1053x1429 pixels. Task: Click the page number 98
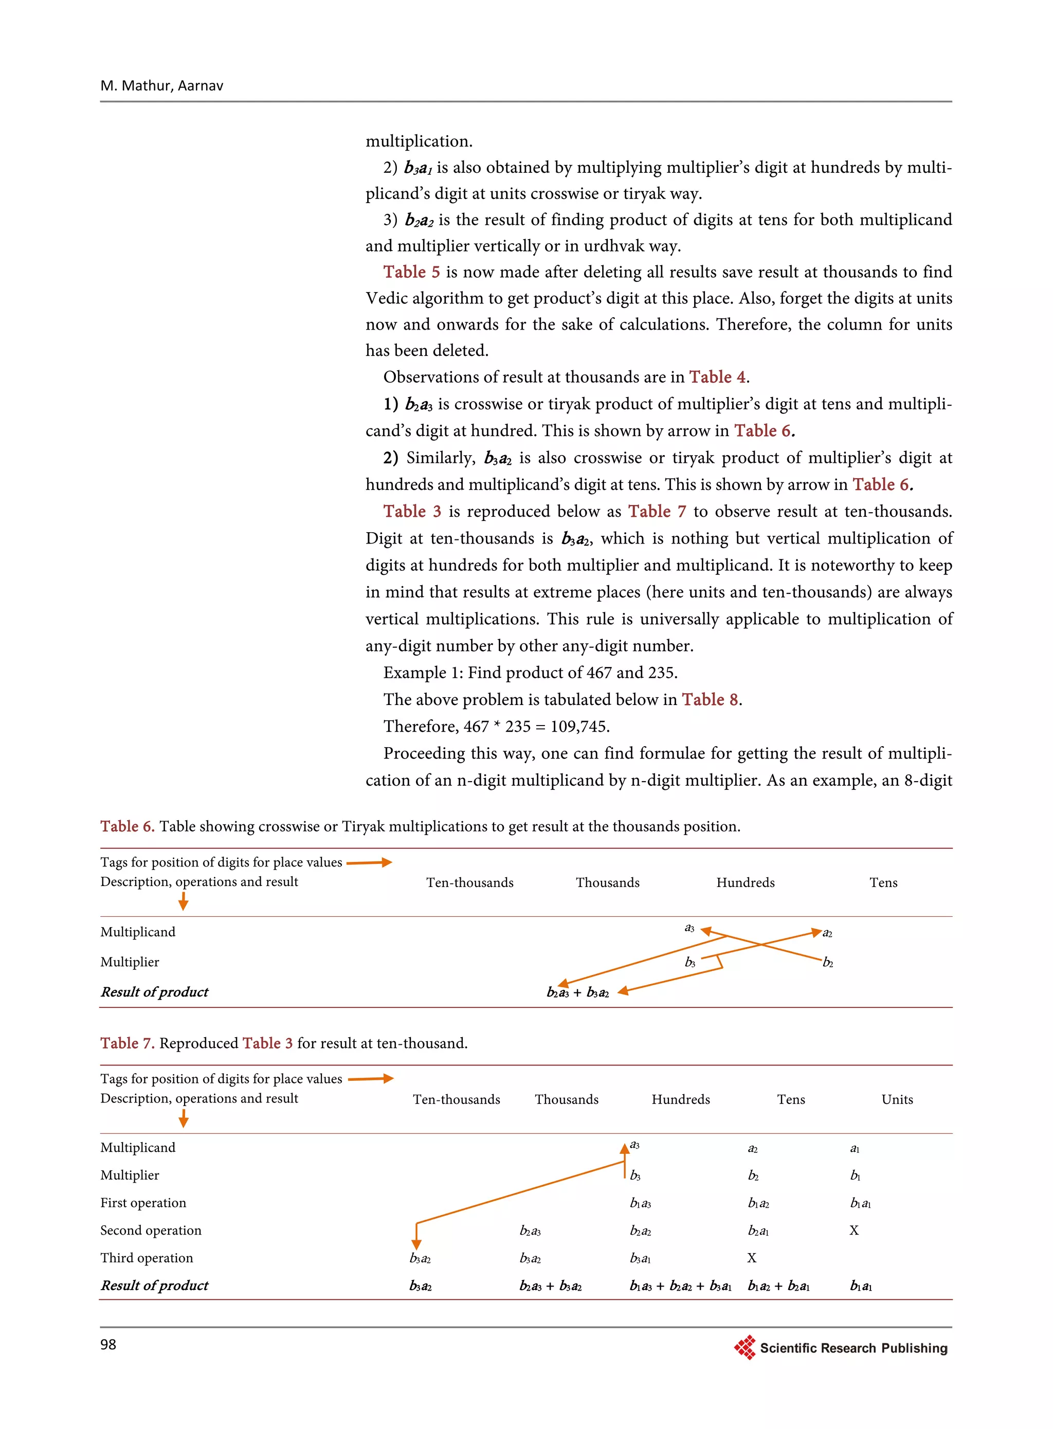tap(108, 1344)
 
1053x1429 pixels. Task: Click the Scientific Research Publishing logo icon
tap(745, 1347)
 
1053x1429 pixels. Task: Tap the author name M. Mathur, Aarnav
tap(162, 85)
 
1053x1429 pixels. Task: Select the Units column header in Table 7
tap(897, 1099)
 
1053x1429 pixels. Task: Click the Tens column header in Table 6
tap(883, 883)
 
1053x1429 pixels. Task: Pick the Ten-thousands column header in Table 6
tap(470, 883)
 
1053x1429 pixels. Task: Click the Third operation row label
tap(147, 1258)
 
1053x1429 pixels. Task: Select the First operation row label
tap(143, 1203)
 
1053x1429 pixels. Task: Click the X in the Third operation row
tap(752, 1258)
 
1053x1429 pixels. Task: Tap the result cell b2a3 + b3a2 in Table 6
tap(577, 992)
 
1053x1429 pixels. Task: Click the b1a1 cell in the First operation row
tap(861, 1203)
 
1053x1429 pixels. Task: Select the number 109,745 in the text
tap(579, 727)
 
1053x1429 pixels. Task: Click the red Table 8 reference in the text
tap(710, 700)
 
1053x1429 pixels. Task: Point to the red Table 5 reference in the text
tap(412, 272)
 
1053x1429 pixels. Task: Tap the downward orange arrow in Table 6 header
tap(183, 900)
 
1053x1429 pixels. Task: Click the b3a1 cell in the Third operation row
tap(640, 1259)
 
